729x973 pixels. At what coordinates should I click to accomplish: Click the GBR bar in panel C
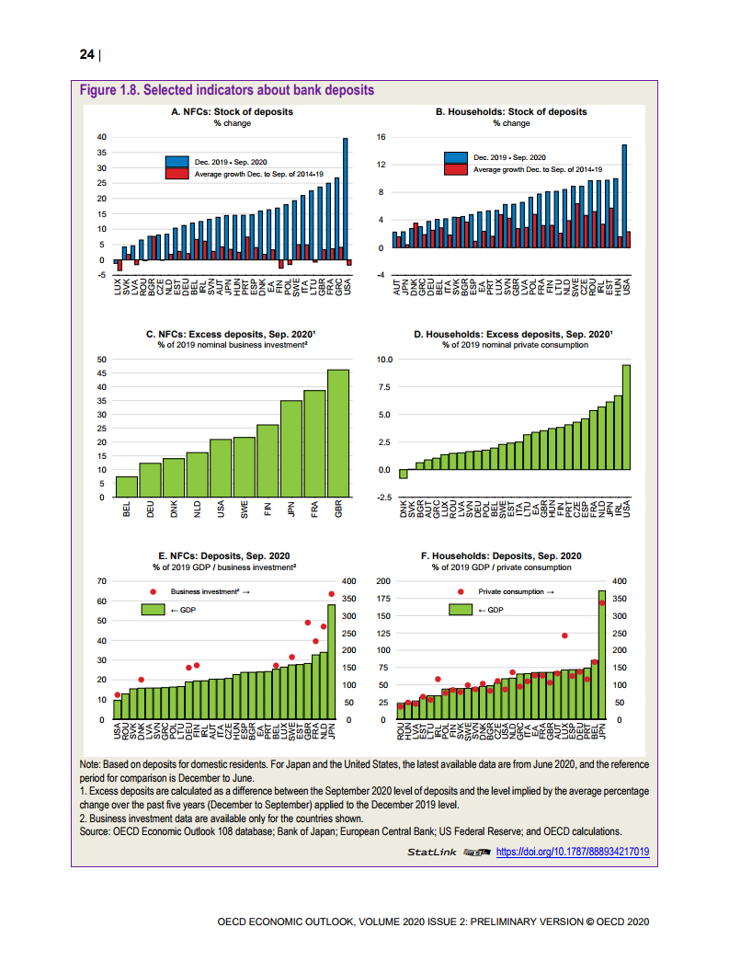(338, 432)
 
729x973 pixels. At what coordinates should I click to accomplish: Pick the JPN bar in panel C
(291, 449)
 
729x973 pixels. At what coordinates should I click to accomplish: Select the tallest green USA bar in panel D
(626, 418)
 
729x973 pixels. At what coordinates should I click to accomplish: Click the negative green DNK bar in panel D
(403, 475)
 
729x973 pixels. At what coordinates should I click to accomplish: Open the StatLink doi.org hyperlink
(572, 852)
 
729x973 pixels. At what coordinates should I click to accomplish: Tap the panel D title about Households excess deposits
(513, 335)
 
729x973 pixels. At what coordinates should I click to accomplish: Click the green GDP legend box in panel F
(461, 610)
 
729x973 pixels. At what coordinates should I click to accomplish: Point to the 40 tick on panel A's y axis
(102, 137)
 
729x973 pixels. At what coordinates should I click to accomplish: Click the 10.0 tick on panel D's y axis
(382, 359)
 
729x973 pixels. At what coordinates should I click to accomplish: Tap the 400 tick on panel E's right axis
(348, 581)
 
